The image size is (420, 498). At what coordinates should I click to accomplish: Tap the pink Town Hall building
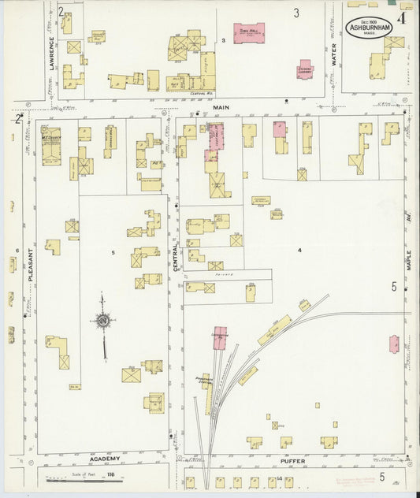click(249, 33)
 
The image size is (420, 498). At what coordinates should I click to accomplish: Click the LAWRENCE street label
click(53, 54)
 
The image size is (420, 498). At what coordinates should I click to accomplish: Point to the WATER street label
click(333, 54)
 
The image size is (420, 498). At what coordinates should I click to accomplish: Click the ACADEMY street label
click(104, 459)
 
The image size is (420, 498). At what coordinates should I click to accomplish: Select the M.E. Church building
click(51, 145)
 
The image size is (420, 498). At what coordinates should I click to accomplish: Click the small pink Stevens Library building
click(304, 69)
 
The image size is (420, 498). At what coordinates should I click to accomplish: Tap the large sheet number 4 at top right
click(402, 16)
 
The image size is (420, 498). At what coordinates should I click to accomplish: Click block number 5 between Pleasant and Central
click(113, 252)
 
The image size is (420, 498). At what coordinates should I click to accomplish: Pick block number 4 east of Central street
click(299, 250)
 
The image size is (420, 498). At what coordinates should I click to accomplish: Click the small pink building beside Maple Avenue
click(393, 344)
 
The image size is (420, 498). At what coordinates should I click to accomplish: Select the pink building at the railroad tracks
click(220, 335)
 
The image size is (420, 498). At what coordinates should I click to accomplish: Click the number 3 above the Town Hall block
click(296, 13)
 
